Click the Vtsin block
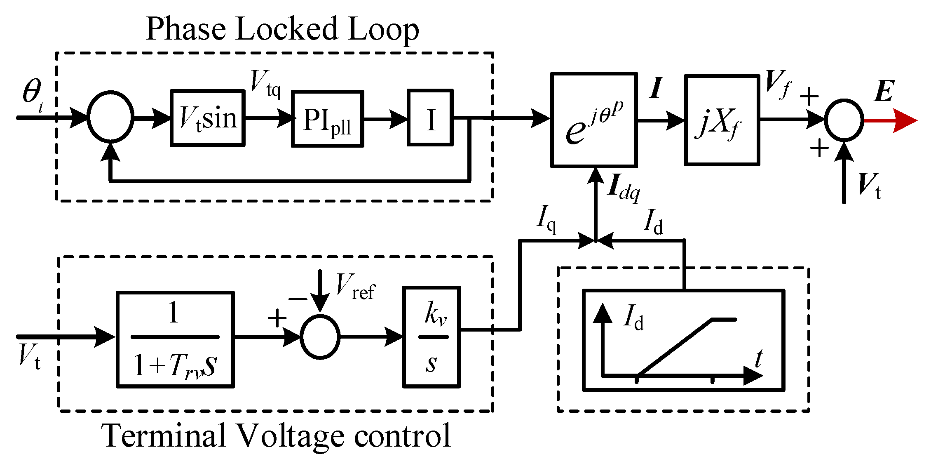coord(208,118)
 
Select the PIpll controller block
coord(327,119)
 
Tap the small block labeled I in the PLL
coord(430,118)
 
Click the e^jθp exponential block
coord(594,120)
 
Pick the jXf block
coord(722,120)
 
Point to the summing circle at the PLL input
coord(110,117)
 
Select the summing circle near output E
coord(844,120)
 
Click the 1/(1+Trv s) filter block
coord(175,339)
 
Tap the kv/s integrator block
coord(431,337)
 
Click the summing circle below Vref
coord(320,337)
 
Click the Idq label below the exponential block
coord(624,188)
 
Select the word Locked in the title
coord(287,29)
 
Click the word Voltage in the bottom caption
coord(291,435)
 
